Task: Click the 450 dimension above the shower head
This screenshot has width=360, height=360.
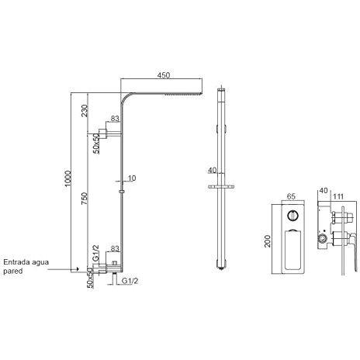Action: (x=164, y=75)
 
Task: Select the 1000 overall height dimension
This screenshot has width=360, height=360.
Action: (x=67, y=178)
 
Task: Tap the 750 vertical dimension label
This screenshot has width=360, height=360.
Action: (x=85, y=199)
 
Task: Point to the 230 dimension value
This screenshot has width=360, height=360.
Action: (x=85, y=111)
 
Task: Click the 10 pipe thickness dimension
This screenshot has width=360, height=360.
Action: (x=132, y=178)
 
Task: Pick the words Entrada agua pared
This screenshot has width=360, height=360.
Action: (x=26, y=266)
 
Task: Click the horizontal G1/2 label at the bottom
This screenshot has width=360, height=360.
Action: (x=130, y=281)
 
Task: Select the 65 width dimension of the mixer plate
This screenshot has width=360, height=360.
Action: (x=291, y=196)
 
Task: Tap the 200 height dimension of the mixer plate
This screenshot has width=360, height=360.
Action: (x=268, y=241)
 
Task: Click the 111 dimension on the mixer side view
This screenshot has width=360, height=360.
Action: (x=338, y=197)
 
